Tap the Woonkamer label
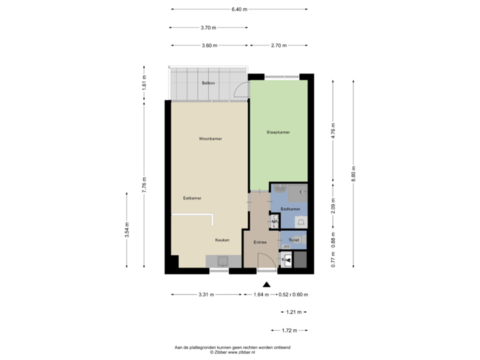coord(211,139)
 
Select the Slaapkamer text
coord(279,132)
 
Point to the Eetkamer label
coord(193,198)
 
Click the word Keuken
coord(222,240)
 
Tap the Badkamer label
coord(289,209)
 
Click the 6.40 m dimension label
coord(239,9)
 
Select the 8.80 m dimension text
coord(354,173)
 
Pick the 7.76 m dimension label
coord(144,184)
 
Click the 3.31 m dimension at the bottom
coord(205,295)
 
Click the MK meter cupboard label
coord(274,221)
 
